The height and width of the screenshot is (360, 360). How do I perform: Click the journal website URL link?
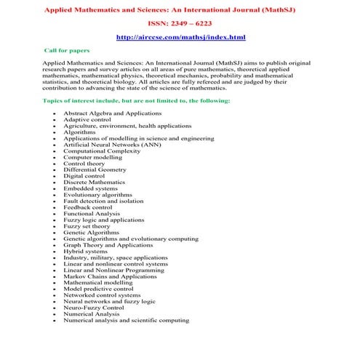pyautogui.click(x=180, y=37)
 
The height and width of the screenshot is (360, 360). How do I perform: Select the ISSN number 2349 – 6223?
pyautogui.click(x=180, y=23)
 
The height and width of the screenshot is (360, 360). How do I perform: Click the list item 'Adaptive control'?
pyautogui.click(x=86, y=120)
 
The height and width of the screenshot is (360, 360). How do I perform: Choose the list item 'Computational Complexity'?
pyautogui.click(x=99, y=151)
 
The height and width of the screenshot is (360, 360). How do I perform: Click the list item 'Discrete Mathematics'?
pyautogui.click(x=94, y=182)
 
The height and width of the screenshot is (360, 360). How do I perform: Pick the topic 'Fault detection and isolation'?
pyautogui.click(x=103, y=201)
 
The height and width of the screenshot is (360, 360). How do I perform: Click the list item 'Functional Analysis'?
pyautogui.click(x=92, y=213)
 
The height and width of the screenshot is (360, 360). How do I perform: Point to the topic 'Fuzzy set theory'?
pyautogui.click(x=87, y=225)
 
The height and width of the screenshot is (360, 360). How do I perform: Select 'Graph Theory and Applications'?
pyautogui.click(x=108, y=245)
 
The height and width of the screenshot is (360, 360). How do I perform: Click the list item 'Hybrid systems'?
pyautogui.click(x=85, y=251)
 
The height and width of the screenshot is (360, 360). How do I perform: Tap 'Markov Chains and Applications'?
pyautogui.click(x=110, y=276)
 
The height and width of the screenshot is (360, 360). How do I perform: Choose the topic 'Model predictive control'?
pyautogui.click(x=98, y=289)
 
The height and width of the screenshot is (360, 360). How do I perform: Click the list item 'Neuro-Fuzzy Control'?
pyautogui.click(x=94, y=308)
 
